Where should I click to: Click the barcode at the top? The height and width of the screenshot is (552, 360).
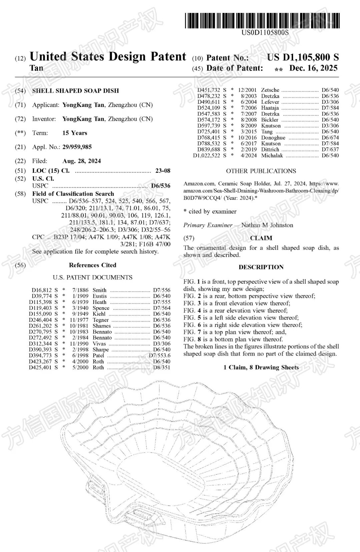262,20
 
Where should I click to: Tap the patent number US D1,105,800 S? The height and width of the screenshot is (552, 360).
303,57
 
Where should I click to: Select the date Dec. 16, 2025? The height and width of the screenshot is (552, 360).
313,68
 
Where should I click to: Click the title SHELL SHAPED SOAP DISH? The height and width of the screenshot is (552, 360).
75,91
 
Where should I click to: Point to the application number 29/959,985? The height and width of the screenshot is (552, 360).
77,147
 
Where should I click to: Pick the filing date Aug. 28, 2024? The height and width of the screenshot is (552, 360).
82,161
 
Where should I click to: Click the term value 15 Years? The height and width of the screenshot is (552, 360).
75,133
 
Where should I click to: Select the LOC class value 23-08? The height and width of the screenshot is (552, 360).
163,170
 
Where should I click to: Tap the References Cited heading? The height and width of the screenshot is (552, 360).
93,265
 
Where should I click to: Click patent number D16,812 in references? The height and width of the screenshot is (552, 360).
42,290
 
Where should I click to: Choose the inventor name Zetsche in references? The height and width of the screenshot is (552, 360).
270,90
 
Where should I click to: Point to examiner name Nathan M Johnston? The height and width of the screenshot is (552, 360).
267,225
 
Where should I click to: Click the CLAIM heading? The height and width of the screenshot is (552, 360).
261,238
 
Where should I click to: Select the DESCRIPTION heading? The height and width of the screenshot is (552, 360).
261,267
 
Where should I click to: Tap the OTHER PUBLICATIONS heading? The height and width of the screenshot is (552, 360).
261,171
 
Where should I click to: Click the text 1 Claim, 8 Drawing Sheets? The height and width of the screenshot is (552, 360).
261,367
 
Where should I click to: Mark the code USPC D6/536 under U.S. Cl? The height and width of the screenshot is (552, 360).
160,186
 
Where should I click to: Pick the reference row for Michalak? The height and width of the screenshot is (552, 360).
266,155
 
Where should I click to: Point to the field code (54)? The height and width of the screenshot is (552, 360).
20,91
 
